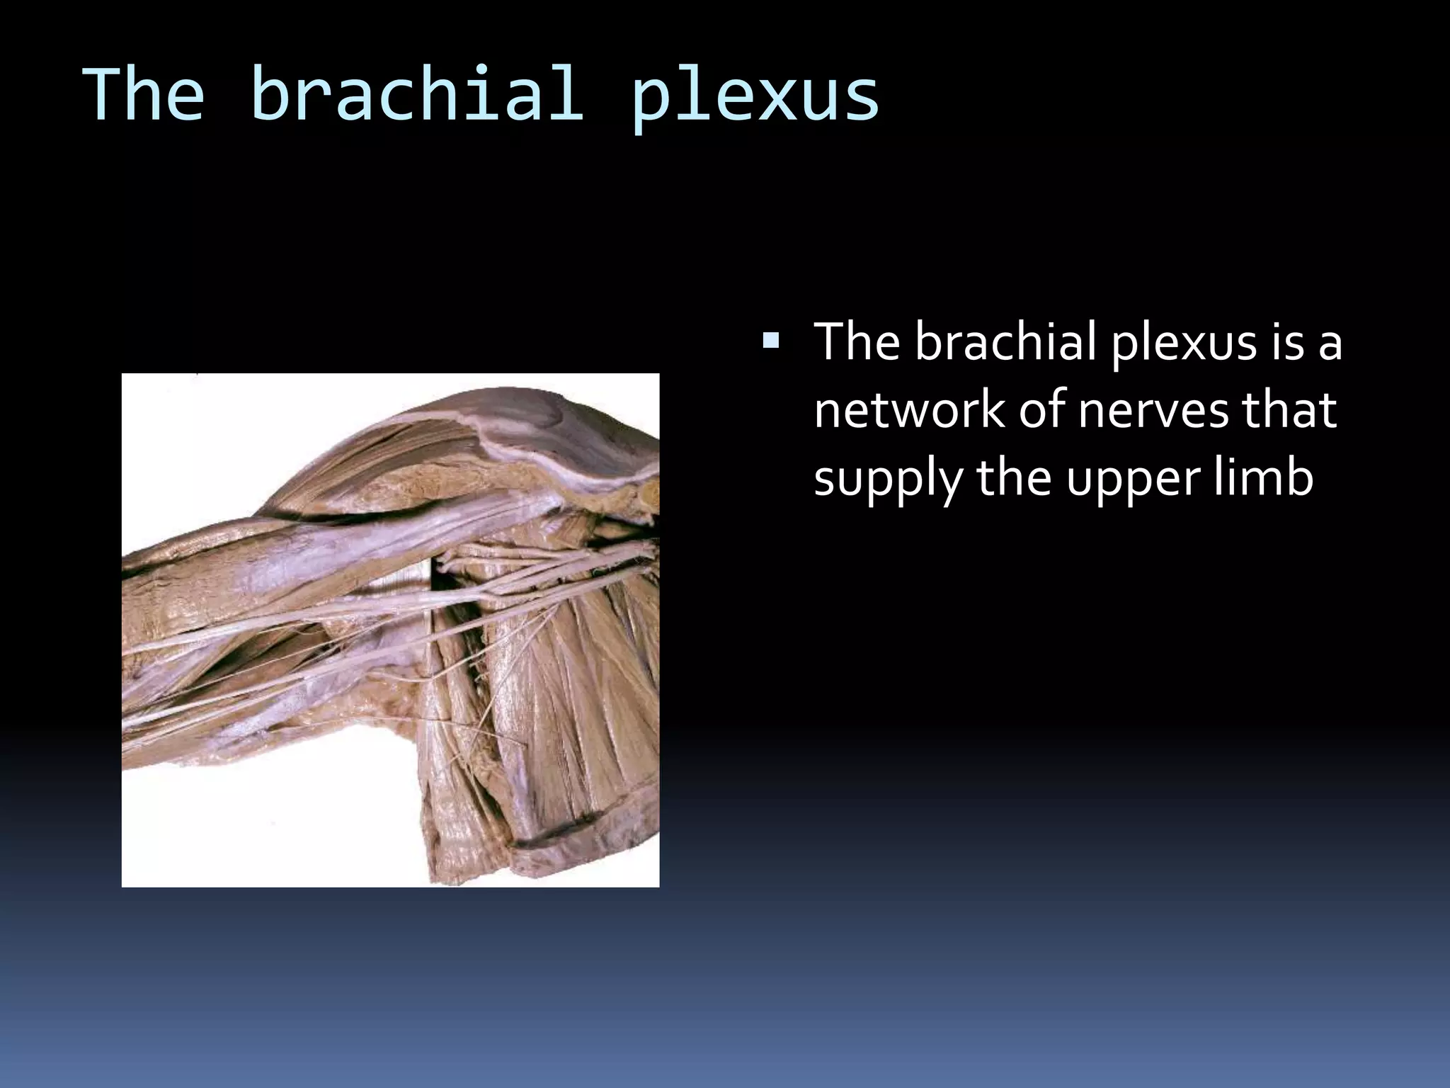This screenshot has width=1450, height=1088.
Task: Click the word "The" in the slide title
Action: pos(144,95)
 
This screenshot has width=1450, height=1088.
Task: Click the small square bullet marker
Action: pos(770,343)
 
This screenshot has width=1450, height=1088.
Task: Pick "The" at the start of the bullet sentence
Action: pos(857,341)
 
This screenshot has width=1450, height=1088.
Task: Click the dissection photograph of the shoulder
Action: pos(390,630)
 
